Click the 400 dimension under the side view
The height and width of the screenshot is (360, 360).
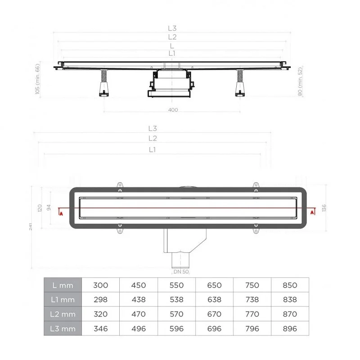(173, 110)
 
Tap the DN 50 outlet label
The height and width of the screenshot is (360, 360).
(181, 272)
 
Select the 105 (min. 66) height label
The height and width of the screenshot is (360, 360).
(37, 79)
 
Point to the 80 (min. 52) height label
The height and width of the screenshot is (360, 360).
(300, 81)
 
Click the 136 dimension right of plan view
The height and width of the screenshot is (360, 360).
(324, 208)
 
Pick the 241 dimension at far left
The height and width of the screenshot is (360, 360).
(31, 227)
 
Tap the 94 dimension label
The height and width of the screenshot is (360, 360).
(49, 207)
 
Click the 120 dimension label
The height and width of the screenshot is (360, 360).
(40, 208)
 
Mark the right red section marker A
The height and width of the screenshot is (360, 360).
(312, 212)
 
